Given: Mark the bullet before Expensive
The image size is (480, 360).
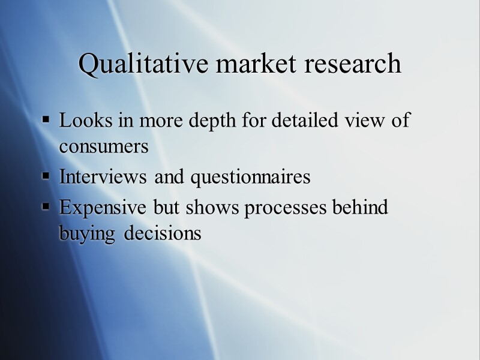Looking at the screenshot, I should click(46, 206).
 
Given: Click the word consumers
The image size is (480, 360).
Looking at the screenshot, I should click(103, 147).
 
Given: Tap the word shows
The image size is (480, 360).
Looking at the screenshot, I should click(207, 207).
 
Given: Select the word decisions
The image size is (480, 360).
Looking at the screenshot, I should click(162, 233).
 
